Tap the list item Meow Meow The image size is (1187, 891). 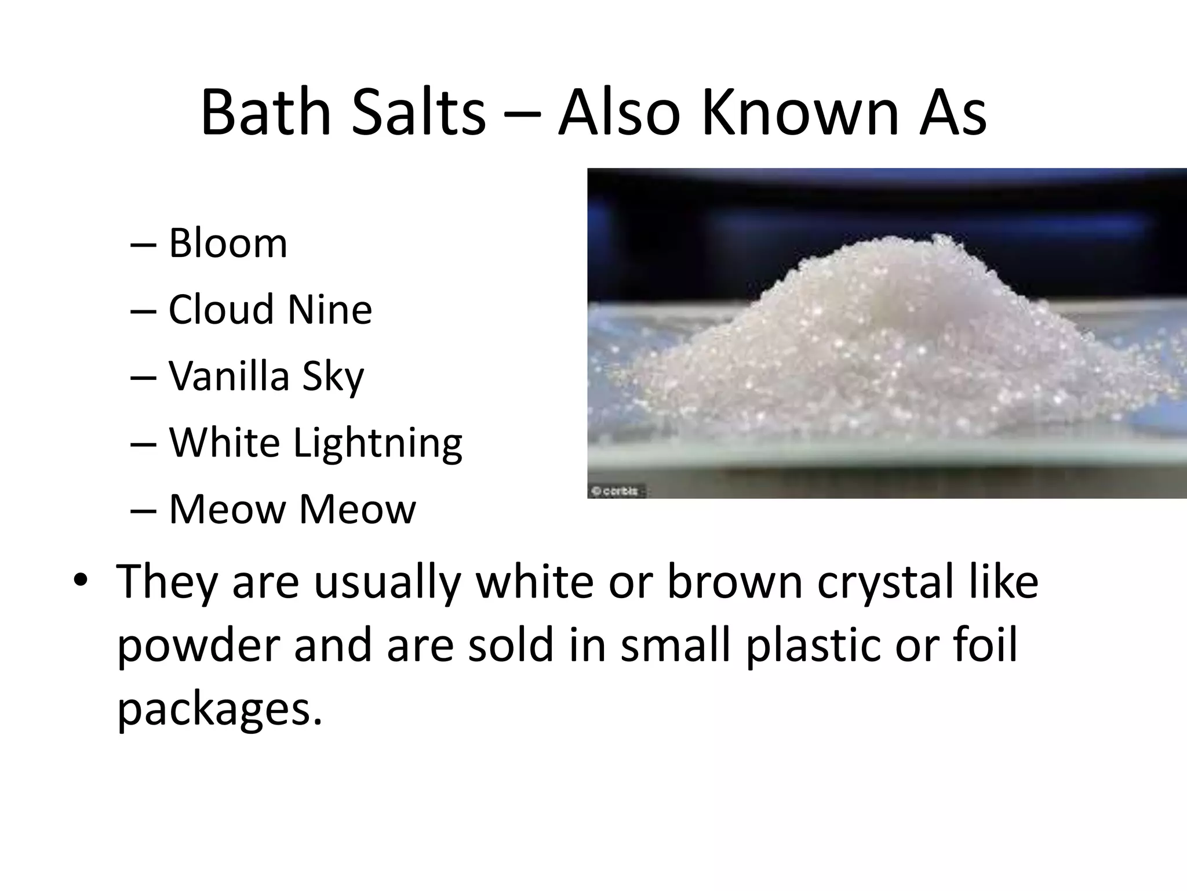coord(292,509)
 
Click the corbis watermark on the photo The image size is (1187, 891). coord(616,491)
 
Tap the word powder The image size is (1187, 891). coord(199,646)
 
